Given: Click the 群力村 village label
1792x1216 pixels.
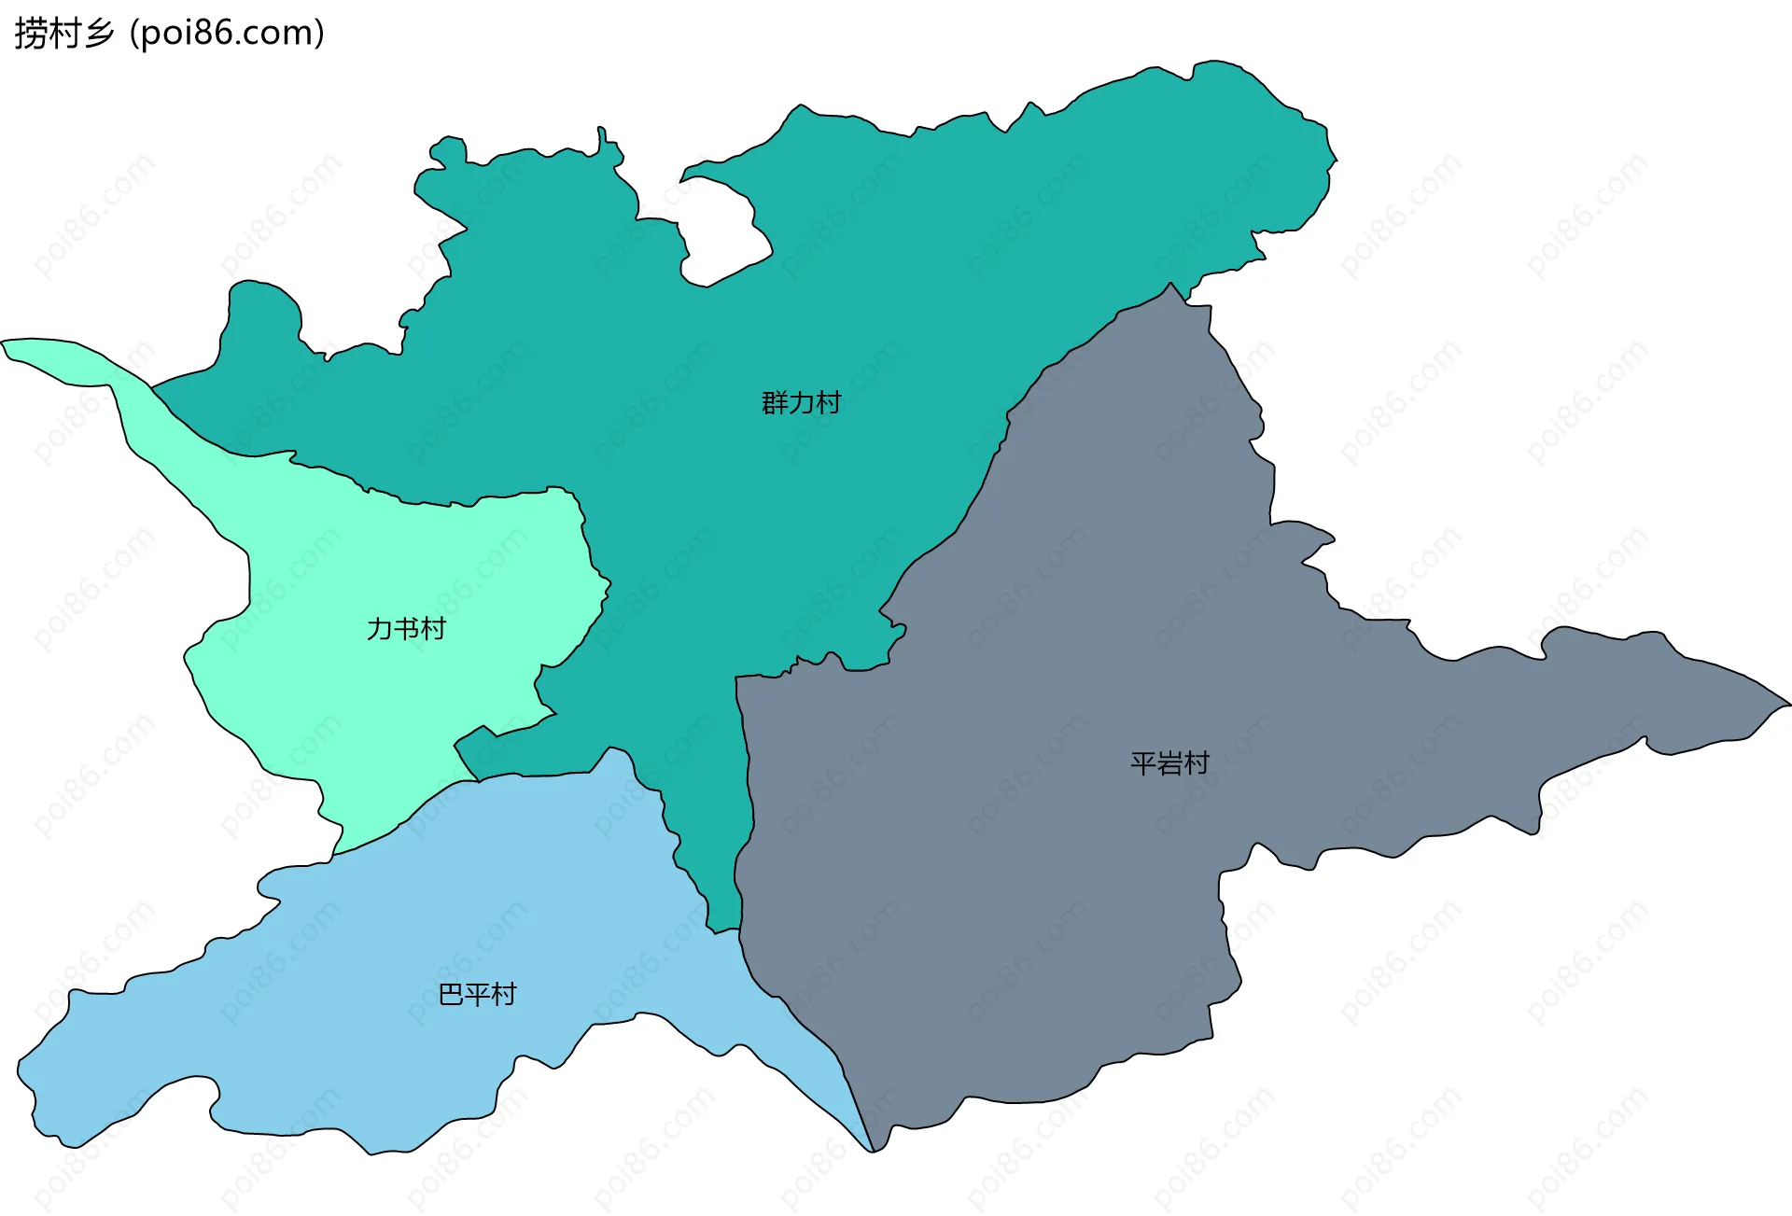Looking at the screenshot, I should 801,403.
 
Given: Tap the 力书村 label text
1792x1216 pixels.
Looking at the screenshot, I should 406,629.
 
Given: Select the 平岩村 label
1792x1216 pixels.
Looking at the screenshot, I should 1169,764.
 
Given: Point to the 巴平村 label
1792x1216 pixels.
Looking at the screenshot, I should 477,995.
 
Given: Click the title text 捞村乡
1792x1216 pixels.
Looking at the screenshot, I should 63,34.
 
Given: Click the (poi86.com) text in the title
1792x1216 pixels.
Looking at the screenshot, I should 227,34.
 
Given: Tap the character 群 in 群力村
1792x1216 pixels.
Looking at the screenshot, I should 775,403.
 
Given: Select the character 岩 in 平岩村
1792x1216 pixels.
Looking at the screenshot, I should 1169,764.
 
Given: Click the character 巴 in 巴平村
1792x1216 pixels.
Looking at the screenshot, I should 451,995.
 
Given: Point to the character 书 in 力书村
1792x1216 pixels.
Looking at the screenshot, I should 406,629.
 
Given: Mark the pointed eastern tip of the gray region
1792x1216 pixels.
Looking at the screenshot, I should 1787,705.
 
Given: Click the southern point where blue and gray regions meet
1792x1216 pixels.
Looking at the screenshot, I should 872,1151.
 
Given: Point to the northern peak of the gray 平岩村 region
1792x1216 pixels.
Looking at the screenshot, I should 1170,285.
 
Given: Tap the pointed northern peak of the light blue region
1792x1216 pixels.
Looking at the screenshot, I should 611,748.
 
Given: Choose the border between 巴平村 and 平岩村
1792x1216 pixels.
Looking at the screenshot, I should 803,1017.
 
